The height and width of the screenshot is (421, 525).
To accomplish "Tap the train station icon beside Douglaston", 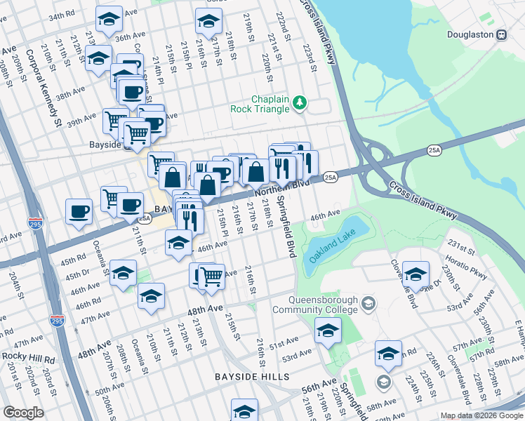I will (x=501, y=34).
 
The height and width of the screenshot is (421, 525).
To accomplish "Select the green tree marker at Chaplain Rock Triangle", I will (x=300, y=103).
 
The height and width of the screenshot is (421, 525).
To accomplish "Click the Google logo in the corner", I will (x=22, y=413).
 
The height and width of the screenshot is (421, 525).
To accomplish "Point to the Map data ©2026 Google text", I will (x=481, y=415).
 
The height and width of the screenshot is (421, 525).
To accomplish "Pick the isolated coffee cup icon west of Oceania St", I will (x=79, y=211).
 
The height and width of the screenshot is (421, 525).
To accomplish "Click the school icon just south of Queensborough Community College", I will (x=328, y=331).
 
